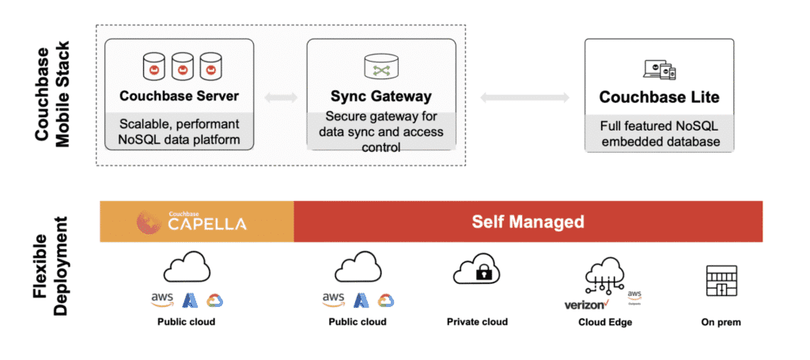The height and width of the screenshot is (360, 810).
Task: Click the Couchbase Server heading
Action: tap(180, 97)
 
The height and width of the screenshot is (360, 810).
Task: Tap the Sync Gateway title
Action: tap(380, 97)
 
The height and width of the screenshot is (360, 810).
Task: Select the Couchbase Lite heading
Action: tap(659, 97)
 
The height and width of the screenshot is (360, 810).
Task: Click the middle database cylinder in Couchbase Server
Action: tap(183, 66)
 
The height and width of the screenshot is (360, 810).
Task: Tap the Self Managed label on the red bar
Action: tap(528, 222)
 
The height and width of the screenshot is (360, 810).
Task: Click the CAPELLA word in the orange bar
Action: tap(206, 225)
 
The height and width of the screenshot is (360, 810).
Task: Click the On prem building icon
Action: tap(721, 280)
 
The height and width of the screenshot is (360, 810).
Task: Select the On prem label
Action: tap(721, 322)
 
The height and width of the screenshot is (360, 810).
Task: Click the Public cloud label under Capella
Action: tap(186, 322)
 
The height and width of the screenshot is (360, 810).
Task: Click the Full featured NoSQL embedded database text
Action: tap(659, 134)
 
